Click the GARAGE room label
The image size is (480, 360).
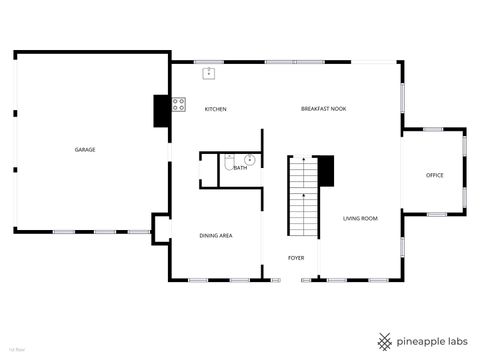(85, 150)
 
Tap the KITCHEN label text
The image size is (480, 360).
(216, 108)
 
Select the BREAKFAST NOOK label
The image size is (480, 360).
(323, 108)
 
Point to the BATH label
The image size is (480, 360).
(240, 168)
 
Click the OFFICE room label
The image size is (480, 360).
(434, 176)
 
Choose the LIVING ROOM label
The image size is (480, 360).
(360, 218)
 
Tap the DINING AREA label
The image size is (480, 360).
(216, 235)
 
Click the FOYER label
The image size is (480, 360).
(296, 258)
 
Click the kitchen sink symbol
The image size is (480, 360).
(210, 72)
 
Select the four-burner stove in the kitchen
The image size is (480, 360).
(179, 103)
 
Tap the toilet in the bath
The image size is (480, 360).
(230, 157)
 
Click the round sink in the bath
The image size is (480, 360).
(251, 160)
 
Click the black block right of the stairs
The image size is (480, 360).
(325, 170)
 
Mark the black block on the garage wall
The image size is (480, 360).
(161, 111)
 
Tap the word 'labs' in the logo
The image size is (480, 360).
(455, 341)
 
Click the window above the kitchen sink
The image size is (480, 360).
(210, 63)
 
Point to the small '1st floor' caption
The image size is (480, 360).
(16, 350)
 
